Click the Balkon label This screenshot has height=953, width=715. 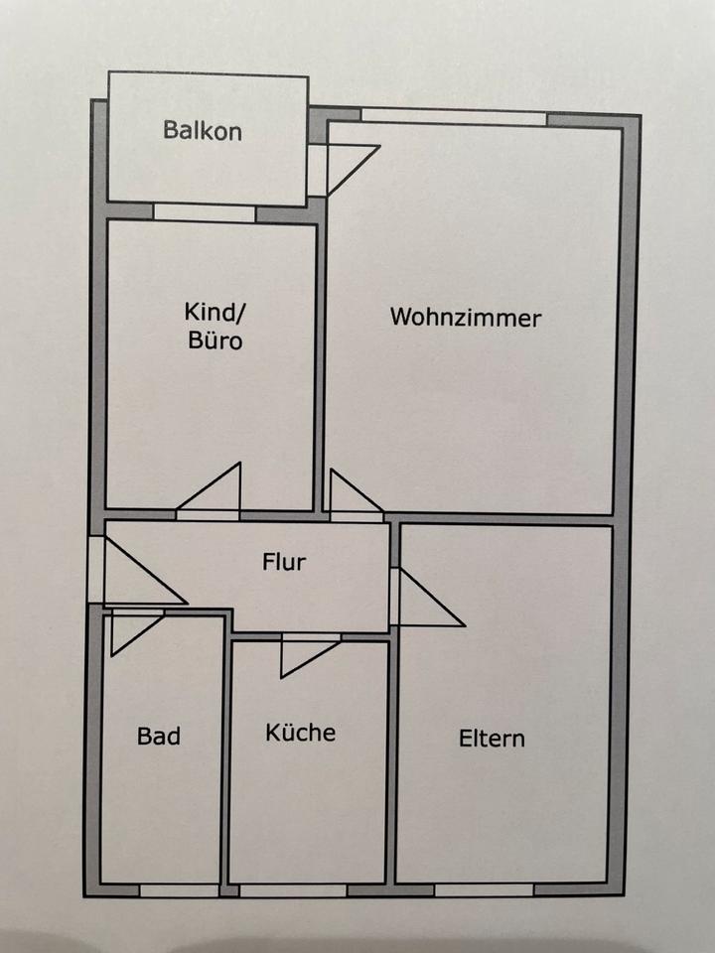click(203, 131)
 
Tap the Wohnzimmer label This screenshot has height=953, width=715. click(466, 318)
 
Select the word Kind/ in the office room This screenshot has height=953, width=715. click(214, 314)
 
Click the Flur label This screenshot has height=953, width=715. click(284, 562)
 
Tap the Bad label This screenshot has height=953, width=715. click(159, 737)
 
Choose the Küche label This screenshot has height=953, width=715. click(300, 733)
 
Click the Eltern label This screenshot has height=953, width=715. click(492, 739)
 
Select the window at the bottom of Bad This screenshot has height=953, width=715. click(179, 889)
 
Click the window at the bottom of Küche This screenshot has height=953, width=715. click(293, 889)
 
